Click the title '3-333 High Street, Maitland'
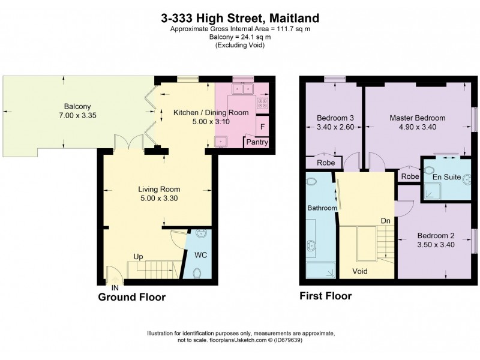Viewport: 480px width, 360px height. (x=239, y=19)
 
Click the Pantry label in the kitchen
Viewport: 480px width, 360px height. (x=256, y=142)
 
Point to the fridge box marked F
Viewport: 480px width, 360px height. (x=262, y=126)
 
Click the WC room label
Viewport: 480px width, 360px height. (x=201, y=253)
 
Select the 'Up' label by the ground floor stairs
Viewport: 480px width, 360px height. (x=139, y=256)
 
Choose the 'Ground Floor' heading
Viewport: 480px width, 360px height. (x=131, y=297)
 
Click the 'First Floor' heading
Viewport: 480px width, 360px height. (x=325, y=296)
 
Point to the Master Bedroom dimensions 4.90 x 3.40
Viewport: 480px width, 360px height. (x=416, y=127)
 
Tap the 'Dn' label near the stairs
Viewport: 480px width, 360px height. (x=386, y=221)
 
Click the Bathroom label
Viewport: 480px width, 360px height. (x=322, y=208)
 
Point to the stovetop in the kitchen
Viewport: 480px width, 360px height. (x=262, y=105)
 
